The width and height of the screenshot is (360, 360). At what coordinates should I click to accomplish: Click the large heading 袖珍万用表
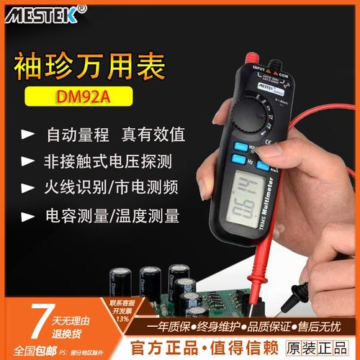coord(89,66)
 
